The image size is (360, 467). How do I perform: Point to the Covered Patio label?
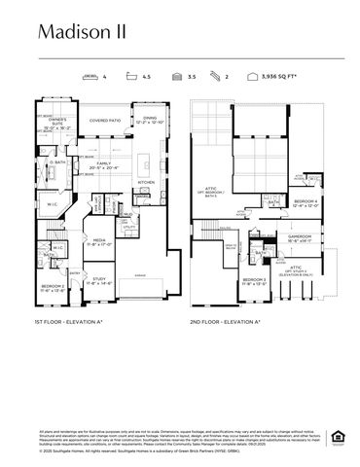pyautogui.click(x=105, y=122)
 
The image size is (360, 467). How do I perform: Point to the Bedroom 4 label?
pyautogui.click(x=306, y=204)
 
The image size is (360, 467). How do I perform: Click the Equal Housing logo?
pyautogui.click(x=338, y=434)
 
